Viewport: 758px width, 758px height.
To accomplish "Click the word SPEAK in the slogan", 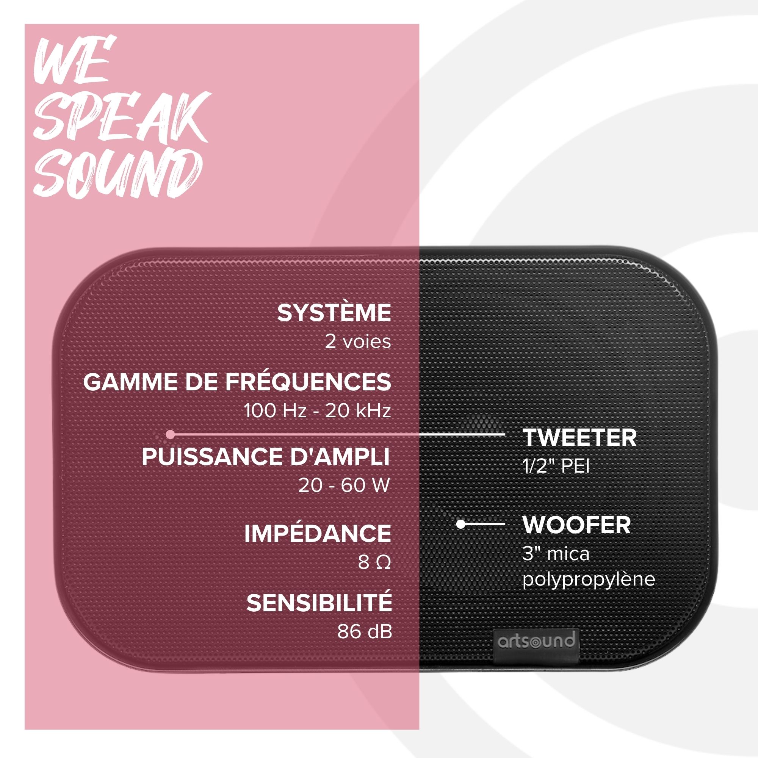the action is (122, 116).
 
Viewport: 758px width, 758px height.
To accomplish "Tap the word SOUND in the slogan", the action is (118, 174).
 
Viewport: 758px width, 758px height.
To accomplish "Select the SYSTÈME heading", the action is (334, 313).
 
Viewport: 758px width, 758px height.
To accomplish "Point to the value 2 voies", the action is (358, 342).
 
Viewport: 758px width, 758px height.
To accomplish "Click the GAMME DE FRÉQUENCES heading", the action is (237, 382).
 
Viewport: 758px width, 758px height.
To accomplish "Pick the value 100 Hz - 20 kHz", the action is (317, 411).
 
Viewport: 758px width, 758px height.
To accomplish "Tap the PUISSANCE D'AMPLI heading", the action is (266, 457).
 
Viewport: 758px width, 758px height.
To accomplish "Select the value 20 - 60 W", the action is (344, 485).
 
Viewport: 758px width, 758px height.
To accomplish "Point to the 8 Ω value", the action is (374, 562).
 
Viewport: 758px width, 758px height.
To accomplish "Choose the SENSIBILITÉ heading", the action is (319, 603).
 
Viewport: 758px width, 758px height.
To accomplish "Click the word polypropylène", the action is (589, 580).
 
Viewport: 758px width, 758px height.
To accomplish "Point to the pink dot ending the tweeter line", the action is (170, 434).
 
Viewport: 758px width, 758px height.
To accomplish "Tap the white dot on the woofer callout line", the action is (461, 524).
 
